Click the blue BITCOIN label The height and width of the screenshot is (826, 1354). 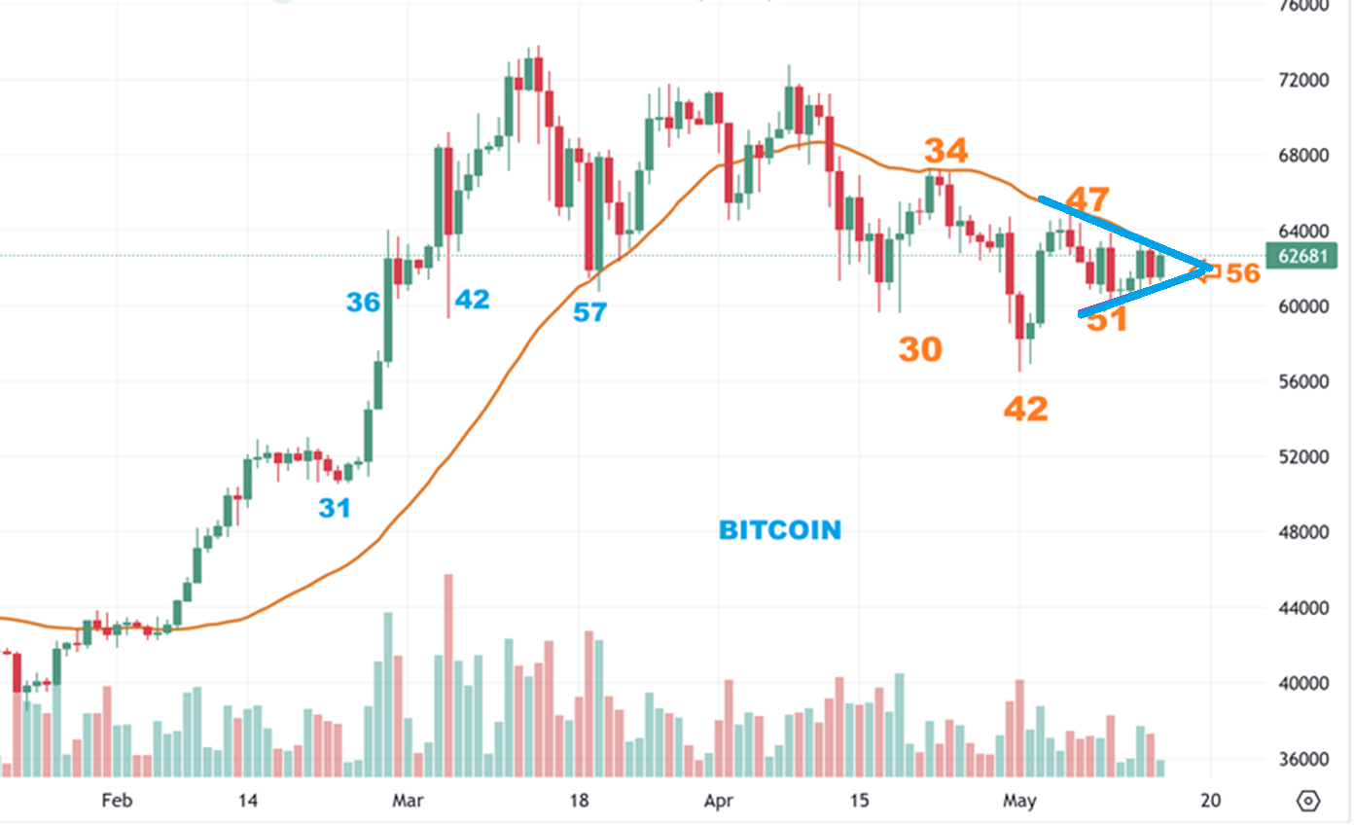(x=780, y=530)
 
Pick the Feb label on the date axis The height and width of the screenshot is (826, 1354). (x=117, y=801)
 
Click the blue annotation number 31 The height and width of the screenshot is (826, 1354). (x=335, y=508)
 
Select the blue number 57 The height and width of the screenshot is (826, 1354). (x=589, y=312)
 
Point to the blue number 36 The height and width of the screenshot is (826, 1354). (x=364, y=303)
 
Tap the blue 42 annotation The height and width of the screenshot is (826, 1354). (x=473, y=300)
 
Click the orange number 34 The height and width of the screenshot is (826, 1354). (x=946, y=151)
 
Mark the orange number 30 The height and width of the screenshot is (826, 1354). (x=920, y=349)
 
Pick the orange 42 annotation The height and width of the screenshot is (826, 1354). (x=1026, y=409)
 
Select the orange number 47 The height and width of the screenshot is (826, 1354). (x=1087, y=200)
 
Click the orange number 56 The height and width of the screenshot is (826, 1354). (x=1242, y=273)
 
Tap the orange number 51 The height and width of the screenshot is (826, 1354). (x=1107, y=319)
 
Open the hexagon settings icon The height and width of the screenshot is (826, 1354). (x=1309, y=801)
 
